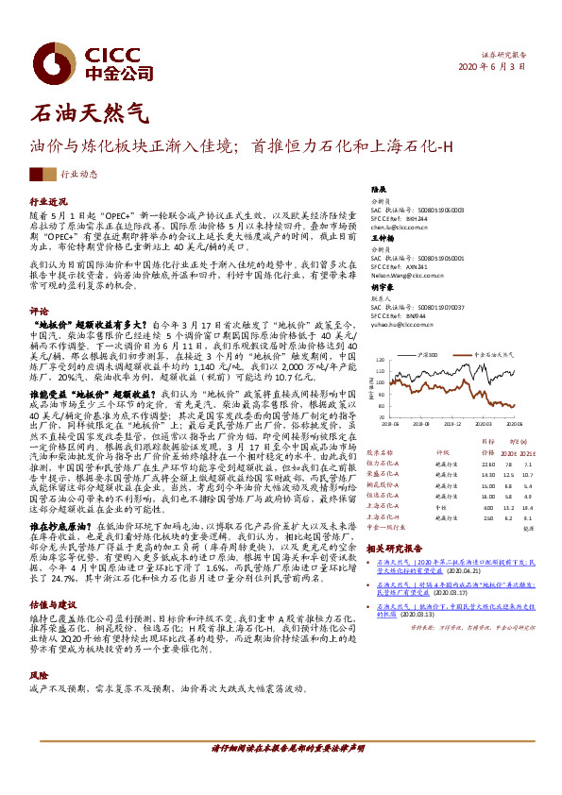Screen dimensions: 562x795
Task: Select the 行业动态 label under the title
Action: click(x=78, y=175)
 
